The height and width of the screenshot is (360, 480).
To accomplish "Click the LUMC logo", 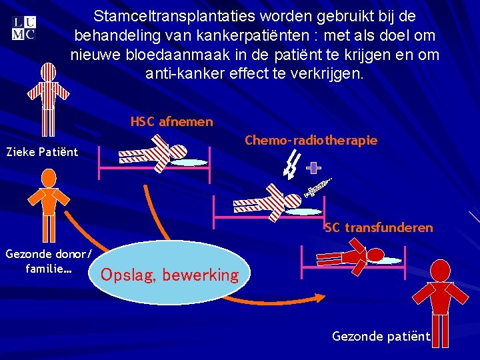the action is [23, 27].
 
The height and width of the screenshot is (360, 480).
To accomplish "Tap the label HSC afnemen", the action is [172, 121].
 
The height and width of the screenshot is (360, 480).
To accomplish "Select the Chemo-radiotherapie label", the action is [311, 140].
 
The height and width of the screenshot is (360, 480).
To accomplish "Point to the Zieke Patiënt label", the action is [41, 152].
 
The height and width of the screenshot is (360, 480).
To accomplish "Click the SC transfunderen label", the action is [379, 228].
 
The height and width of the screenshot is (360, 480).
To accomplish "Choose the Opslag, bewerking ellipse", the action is [170, 273].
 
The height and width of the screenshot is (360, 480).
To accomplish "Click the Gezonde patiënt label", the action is [381, 336].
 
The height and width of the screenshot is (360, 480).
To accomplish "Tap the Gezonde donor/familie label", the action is [48, 261].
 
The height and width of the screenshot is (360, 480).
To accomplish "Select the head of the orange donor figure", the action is [47, 178].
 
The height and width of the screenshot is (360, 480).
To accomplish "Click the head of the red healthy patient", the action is [439, 270].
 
